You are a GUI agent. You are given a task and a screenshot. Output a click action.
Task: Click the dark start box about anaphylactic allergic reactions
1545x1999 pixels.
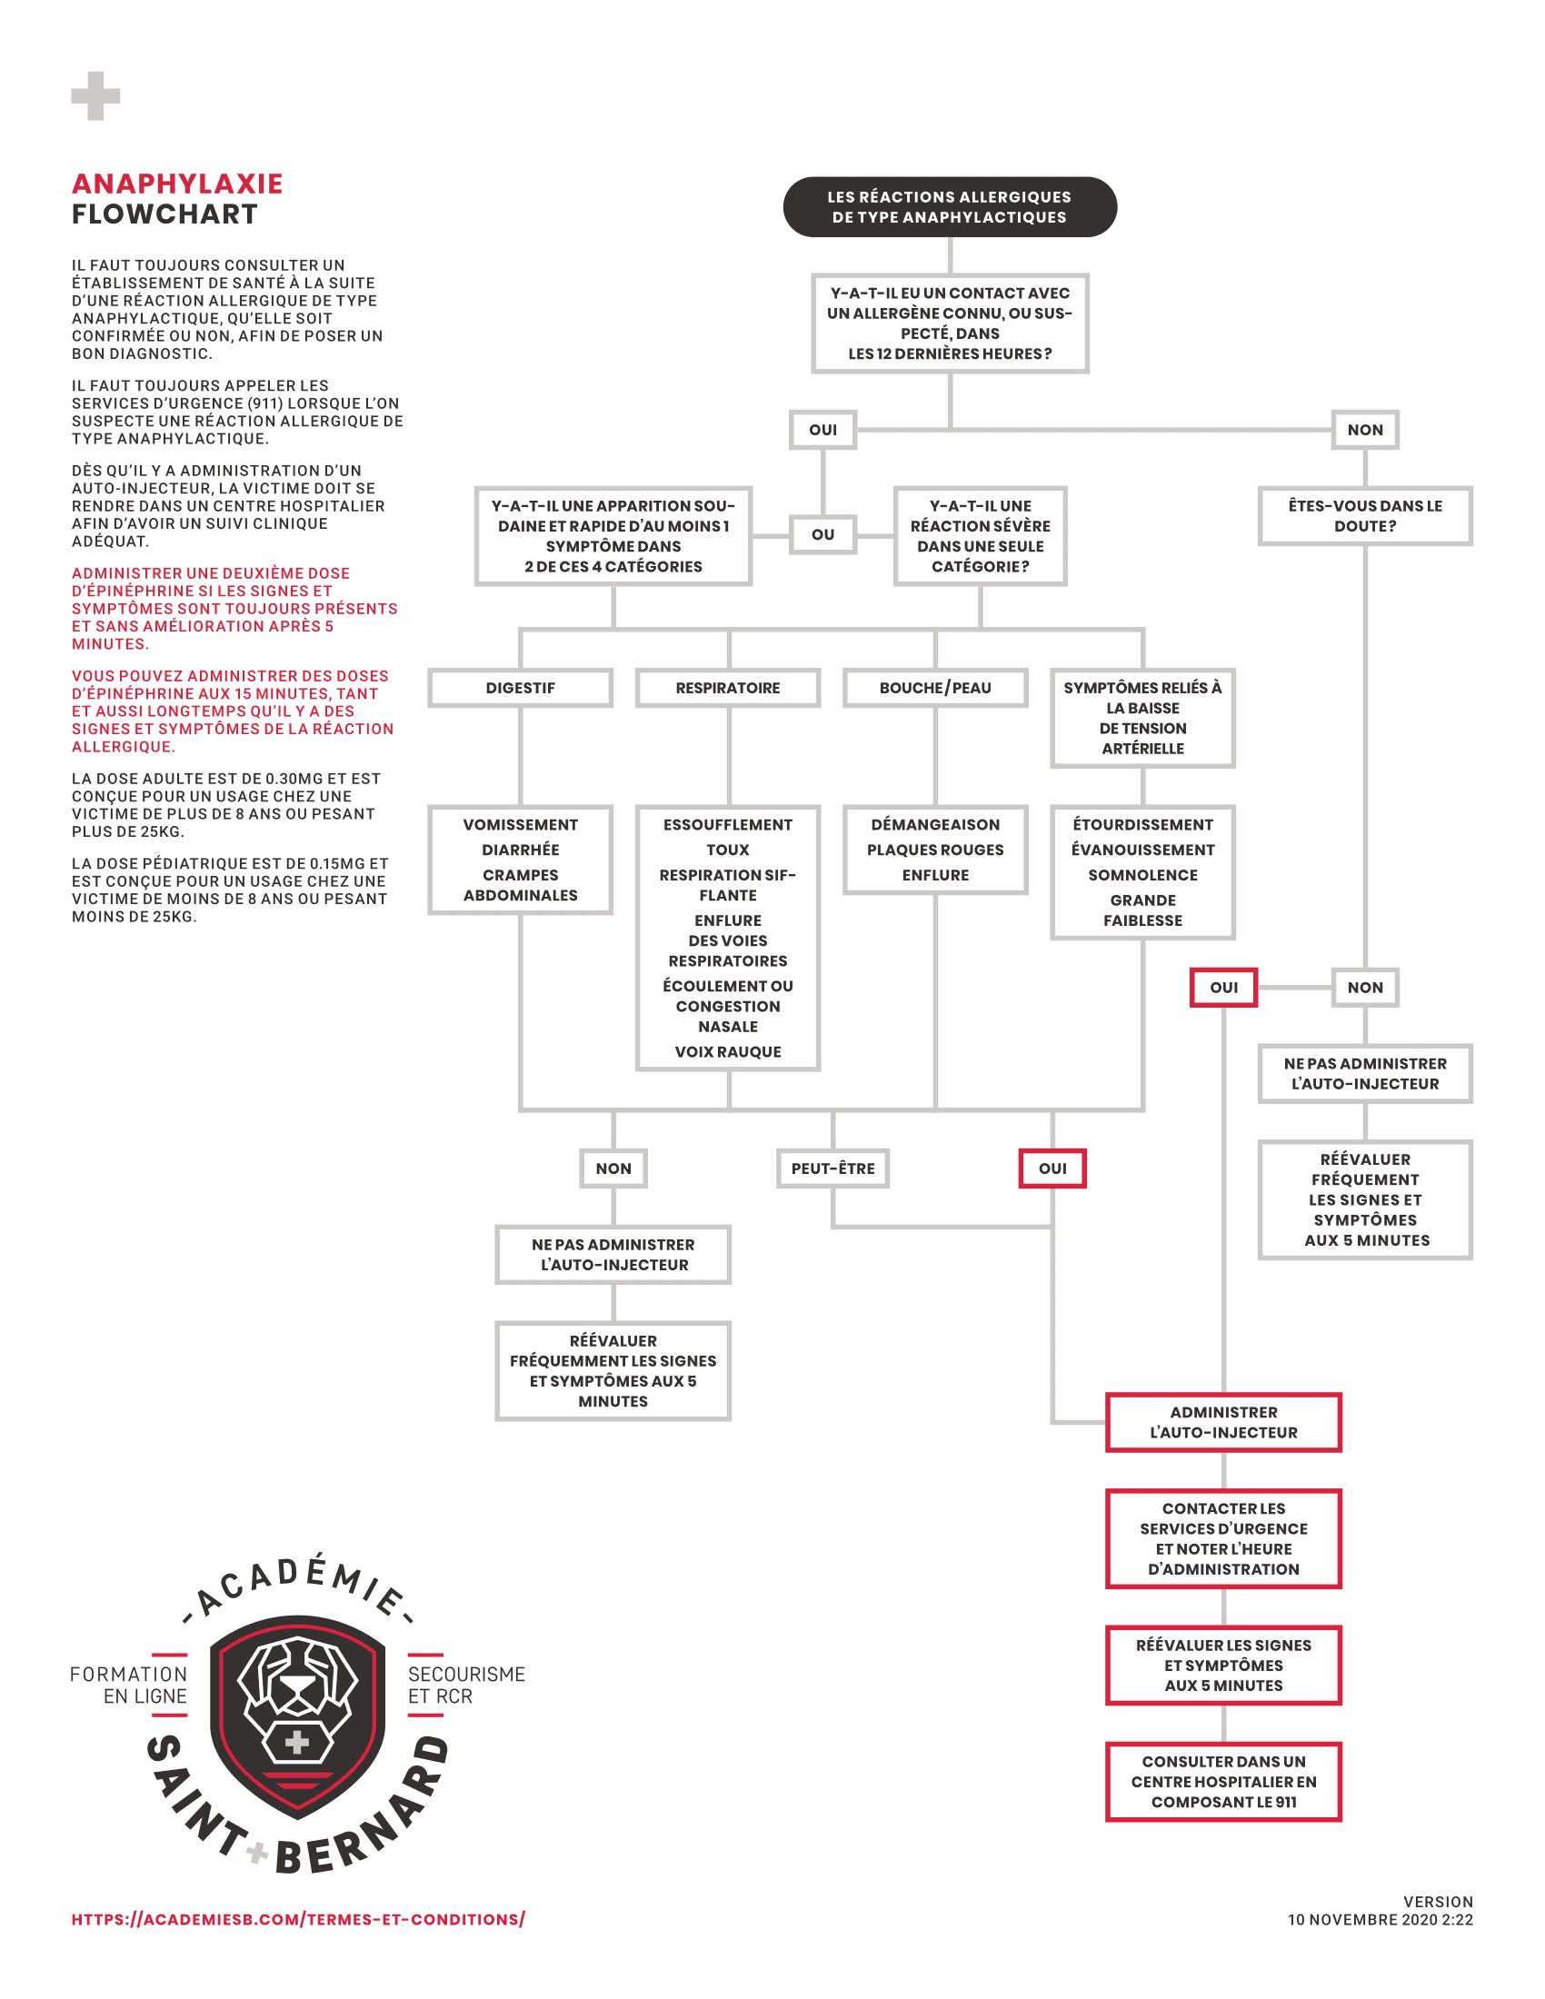click(x=949, y=207)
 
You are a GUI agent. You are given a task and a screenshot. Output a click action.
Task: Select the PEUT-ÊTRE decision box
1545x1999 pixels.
click(x=832, y=1168)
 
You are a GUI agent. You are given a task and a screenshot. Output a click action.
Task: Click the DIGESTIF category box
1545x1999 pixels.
click(x=520, y=688)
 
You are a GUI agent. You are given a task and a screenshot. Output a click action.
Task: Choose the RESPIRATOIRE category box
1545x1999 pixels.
click(x=728, y=688)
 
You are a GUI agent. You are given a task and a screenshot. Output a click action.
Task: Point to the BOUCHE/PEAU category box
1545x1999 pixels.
click(x=934, y=688)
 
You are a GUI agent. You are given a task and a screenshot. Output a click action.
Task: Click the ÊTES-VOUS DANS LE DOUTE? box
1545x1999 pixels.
click(x=1365, y=516)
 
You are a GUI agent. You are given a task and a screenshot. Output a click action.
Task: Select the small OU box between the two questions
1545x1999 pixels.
click(x=822, y=534)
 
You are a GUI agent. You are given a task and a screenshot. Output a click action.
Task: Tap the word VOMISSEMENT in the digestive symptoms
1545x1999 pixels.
click(x=520, y=825)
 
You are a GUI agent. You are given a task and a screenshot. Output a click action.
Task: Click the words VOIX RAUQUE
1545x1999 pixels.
click(x=728, y=1051)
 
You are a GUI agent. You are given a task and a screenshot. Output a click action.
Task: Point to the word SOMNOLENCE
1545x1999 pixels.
click(x=1142, y=875)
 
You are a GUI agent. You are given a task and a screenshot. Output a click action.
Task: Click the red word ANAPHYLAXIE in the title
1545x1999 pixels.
click(x=177, y=184)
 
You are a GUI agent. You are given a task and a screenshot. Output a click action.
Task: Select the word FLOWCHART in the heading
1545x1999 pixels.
click(x=164, y=214)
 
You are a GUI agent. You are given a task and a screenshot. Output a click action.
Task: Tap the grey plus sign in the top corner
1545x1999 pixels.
click(x=95, y=95)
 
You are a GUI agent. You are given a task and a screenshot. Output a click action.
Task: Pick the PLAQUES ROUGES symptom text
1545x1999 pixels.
click(x=934, y=850)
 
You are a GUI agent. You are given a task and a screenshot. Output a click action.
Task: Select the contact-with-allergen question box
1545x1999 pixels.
click(x=949, y=323)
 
